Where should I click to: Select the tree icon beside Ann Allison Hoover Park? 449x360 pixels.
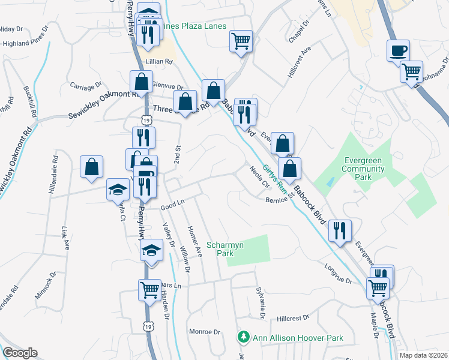[243, 338]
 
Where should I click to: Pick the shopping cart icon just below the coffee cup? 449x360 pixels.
[412, 71]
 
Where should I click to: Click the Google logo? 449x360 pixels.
[20, 353]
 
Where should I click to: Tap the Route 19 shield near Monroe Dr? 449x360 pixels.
[148, 325]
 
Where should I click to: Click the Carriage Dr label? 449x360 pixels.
[83, 88]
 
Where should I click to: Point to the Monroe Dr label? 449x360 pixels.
[205, 331]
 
